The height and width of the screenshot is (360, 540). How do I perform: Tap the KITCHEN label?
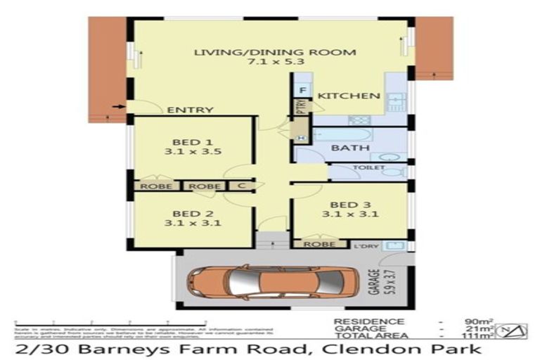tap(349, 96)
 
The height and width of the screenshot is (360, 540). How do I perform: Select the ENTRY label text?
tap(190, 110)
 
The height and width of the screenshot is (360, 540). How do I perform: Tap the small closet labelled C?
tap(240, 186)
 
